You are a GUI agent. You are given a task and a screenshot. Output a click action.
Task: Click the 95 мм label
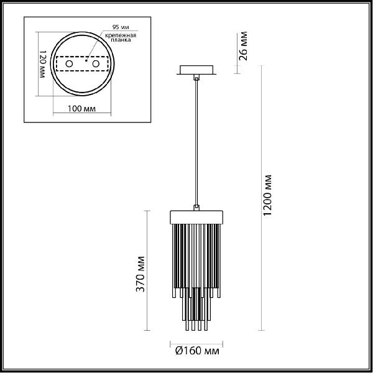(x=121, y=27)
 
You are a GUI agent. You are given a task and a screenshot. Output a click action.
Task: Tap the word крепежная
(x=121, y=35)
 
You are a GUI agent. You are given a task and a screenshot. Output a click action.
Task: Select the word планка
(x=121, y=40)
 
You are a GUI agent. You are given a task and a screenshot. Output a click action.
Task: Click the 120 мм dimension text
(x=42, y=64)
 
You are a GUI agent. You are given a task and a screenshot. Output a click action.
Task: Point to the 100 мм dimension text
(x=81, y=109)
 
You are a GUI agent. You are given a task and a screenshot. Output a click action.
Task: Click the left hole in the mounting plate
(x=69, y=64)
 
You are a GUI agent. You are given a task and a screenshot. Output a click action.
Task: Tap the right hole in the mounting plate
(x=96, y=64)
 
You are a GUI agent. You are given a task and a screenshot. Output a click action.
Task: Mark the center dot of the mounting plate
(x=86, y=61)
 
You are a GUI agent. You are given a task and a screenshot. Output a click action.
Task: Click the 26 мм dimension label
(x=243, y=46)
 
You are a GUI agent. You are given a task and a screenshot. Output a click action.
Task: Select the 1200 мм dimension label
(x=267, y=195)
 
